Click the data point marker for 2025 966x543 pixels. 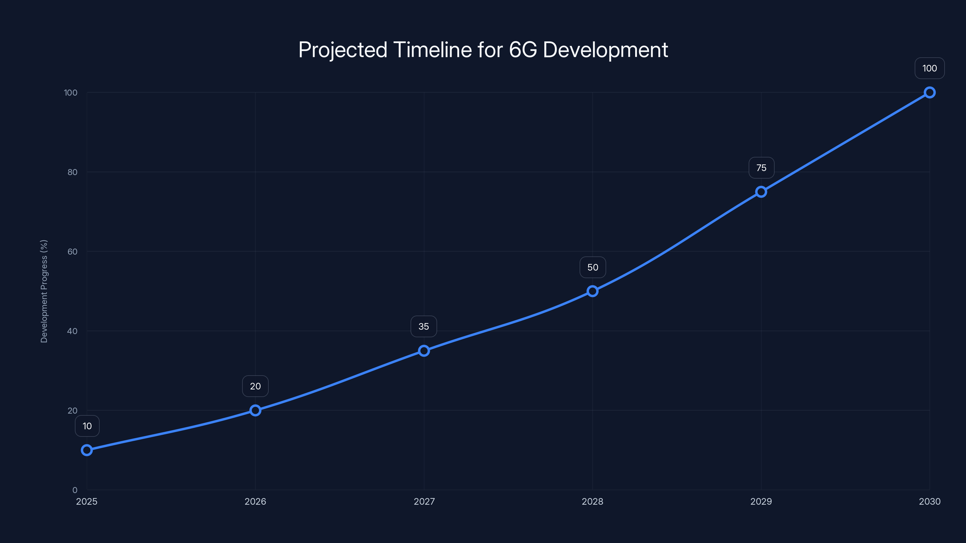click(87, 450)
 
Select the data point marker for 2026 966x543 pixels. click(255, 410)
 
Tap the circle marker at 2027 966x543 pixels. click(424, 351)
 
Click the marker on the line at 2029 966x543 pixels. click(761, 192)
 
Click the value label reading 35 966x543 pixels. click(424, 326)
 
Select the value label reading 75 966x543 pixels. click(761, 168)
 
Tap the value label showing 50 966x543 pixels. click(593, 267)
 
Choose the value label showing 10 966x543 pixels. click(87, 426)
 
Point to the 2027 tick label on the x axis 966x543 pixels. click(424, 501)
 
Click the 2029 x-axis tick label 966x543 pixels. click(761, 501)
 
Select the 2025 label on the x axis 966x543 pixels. click(87, 501)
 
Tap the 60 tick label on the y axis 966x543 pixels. click(72, 252)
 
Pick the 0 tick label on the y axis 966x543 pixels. click(75, 490)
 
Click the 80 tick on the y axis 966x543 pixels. click(72, 172)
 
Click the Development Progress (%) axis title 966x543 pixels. click(44, 291)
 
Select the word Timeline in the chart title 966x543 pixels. click(432, 50)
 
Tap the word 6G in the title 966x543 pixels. click(523, 50)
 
